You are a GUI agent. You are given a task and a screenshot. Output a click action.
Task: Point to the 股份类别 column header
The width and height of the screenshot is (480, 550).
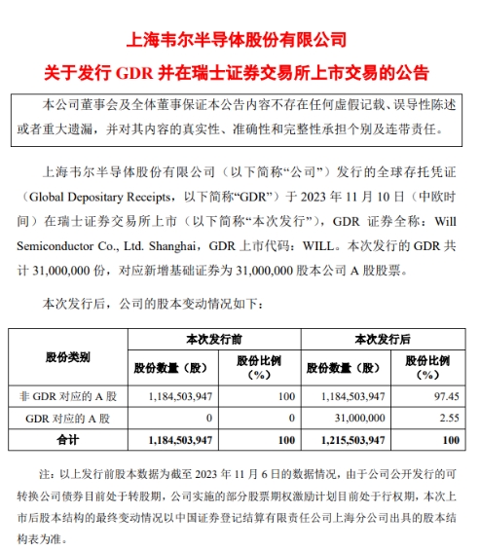click(68, 357)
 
